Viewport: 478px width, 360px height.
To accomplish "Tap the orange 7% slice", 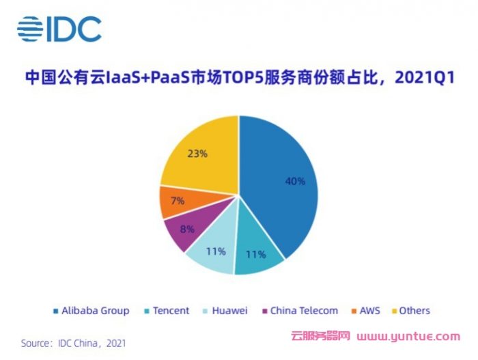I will click(174, 201).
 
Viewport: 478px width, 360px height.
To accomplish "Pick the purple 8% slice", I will click(183, 230).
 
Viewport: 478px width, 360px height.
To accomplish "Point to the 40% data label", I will click(295, 182).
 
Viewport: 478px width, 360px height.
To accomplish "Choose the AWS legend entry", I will click(363, 311).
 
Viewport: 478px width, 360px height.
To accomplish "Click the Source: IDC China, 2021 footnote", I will click(73, 343).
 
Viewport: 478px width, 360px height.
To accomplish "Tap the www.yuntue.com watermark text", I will click(409, 337).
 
